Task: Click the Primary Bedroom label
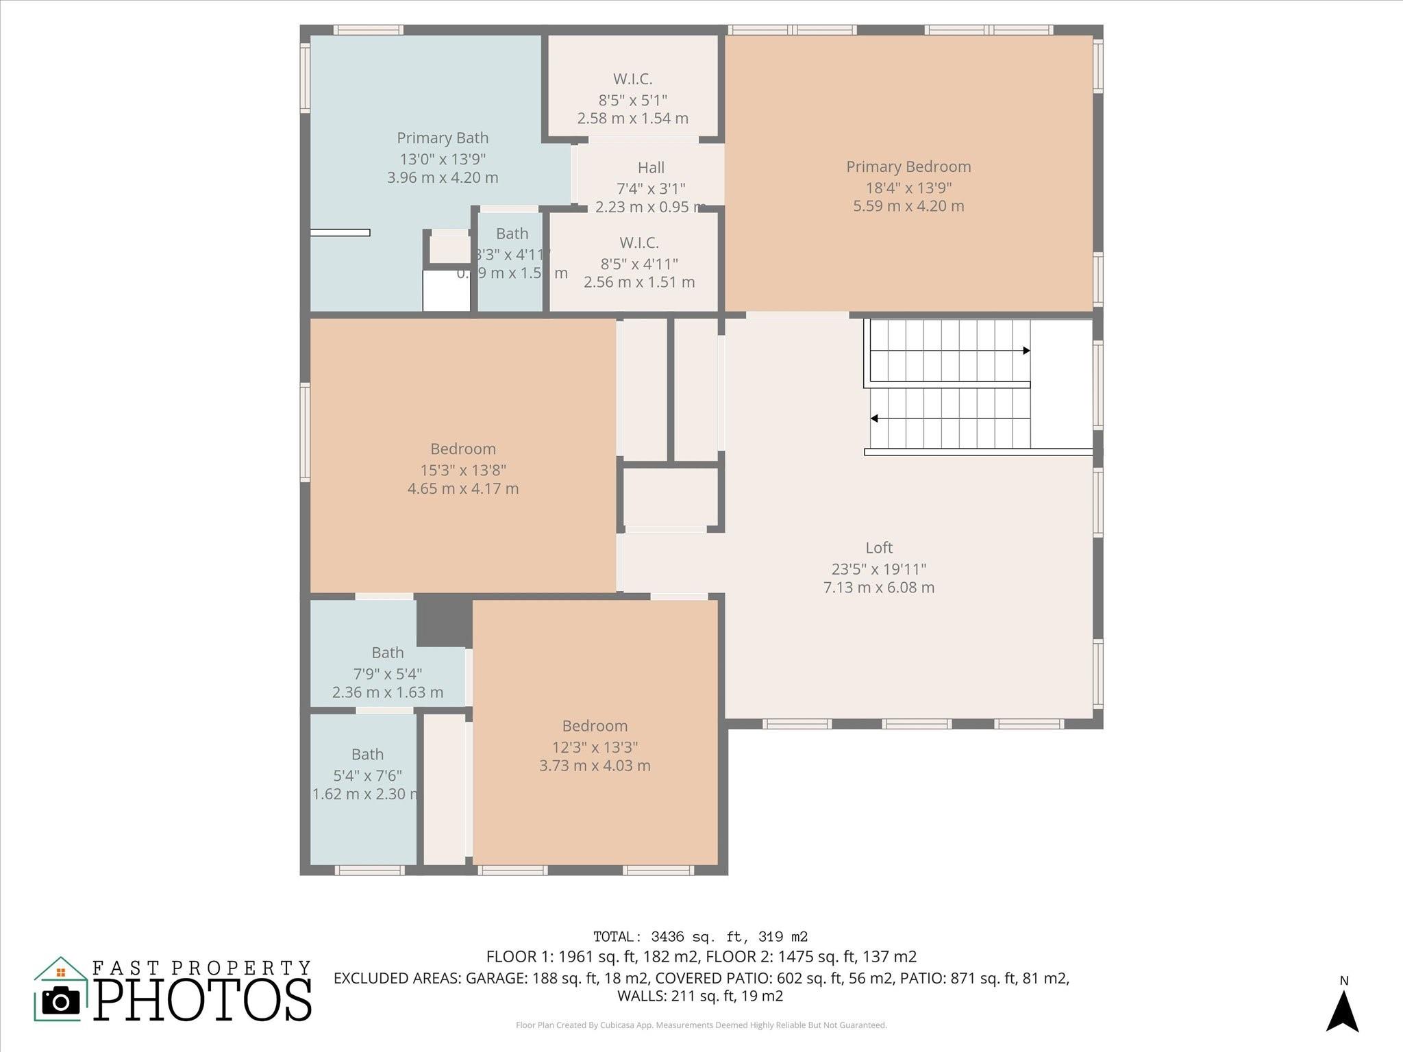pyautogui.click(x=908, y=166)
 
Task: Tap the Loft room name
pyautogui.click(x=879, y=547)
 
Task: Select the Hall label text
pyautogui.click(x=651, y=168)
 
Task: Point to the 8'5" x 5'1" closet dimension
pyautogui.click(x=632, y=100)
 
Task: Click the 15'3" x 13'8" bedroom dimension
pyautogui.click(x=463, y=470)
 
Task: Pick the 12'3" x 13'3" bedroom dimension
pyautogui.click(x=595, y=747)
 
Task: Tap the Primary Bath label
pyautogui.click(x=443, y=138)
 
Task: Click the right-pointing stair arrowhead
pyautogui.click(x=1026, y=351)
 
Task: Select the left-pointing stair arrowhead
pyautogui.click(x=874, y=418)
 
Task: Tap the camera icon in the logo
pyautogui.click(x=61, y=1001)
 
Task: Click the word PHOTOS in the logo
pyautogui.click(x=202, y=999)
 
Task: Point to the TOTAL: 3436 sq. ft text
pyautogui.click(x=700, y=936)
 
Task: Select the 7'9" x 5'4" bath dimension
pyautogui.click(x=388, y=673)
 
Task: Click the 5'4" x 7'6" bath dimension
pyautogui.click(x=367, y=775)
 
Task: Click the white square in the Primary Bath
pyautogui.click(x=446, y=291)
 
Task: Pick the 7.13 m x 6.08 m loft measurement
pyautogui.click(x=879, y=587)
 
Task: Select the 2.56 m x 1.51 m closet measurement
pyautogui.click(x=639, y=282)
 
